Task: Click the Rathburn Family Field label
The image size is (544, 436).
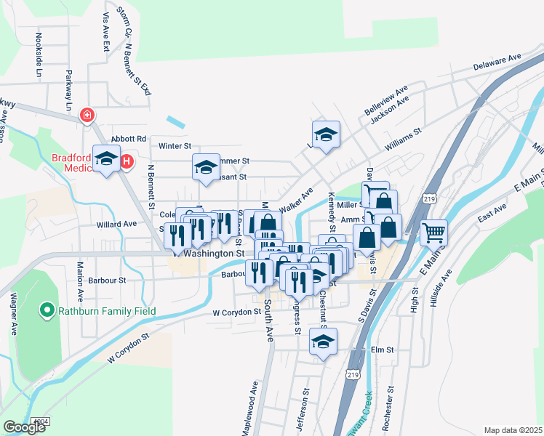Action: pos(108,312)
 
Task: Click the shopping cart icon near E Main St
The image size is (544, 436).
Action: pos(433,233)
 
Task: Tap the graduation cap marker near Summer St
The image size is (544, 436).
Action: pos(206,166)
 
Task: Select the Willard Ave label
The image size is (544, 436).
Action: pos(119,224)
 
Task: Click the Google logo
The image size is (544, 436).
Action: pos(25,427)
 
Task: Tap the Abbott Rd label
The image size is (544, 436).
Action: pos(128,139)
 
